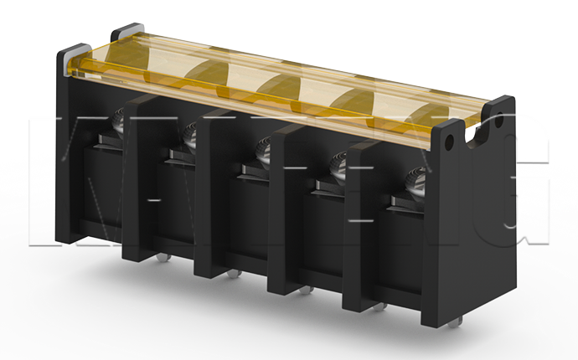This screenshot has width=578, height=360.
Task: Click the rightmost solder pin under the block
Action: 458,320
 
